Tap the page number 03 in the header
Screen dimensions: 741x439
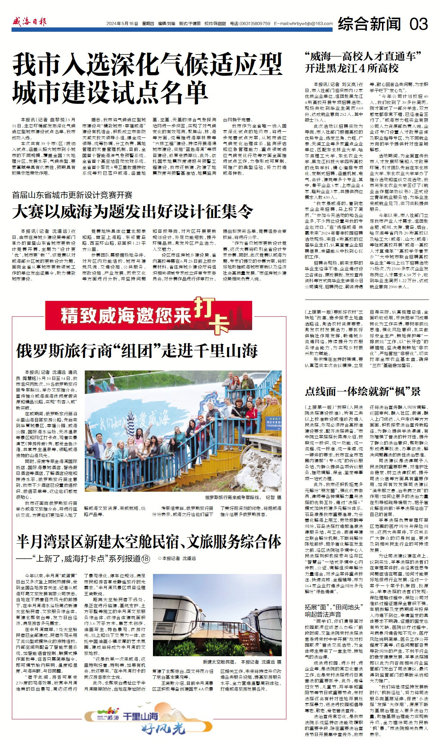tap(419, 24)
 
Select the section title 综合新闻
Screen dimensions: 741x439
tap(369, 24)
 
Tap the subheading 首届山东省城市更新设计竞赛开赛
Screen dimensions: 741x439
tap(72, 195)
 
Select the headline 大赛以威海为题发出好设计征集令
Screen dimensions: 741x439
tap(132, 211)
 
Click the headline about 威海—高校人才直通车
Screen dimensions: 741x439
tap(363, 56)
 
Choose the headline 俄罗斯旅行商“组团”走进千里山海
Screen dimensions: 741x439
tap(137, 351)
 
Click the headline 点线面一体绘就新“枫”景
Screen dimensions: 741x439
tap(363, 391)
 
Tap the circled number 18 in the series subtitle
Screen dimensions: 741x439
tap(145, 558)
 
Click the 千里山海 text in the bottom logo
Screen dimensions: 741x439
tap(140, 716)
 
